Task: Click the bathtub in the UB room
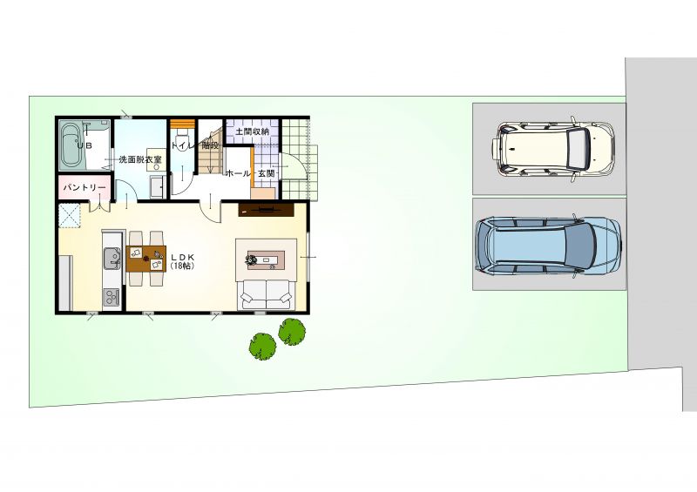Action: (x=71, y=145)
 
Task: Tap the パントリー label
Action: (x=85, y=188)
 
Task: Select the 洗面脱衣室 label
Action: (x=140, y=159)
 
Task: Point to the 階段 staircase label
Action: (x=210, y=145)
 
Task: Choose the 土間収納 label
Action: (x=252, y=131)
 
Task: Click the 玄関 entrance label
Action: (x=267, y=173)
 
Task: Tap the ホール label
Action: (x=238, y=173)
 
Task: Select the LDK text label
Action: (x=183, y=258)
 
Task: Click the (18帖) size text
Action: (x=182, y=266)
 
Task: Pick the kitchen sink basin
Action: (x=112, y=259)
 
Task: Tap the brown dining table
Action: (x=145, y=259)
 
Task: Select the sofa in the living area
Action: (x=267, y=294)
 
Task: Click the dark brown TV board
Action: (x=267, y=210)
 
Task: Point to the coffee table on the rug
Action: (x=266, y=260)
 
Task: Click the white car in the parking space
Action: (x=553, y=148)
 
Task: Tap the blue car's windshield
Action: (x=580, y=245)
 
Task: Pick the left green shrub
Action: (x=263, y=347)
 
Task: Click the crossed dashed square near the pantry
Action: (x=70, y=215)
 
